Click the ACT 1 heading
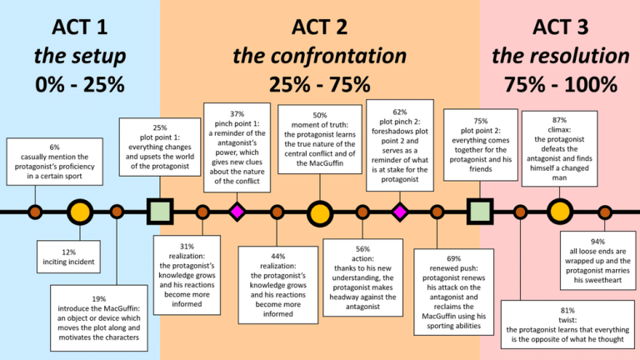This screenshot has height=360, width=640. click(x=79, y=27)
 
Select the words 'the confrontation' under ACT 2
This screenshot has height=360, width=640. click(x=319, y=56)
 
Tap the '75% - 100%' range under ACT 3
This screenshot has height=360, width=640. click(x=560, y=83)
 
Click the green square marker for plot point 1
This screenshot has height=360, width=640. click(x=159, y=212)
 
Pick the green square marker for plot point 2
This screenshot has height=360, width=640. click(x=479, y=212)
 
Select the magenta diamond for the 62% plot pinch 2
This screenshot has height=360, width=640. click(x=399, y=212)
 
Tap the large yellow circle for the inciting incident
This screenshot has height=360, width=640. click(x=80, y=212)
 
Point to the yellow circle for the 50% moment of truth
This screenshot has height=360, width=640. click(x=319, y=212)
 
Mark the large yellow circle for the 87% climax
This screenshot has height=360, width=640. click(x=560, y=212)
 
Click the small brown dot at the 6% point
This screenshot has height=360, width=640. click(x=35, y=212)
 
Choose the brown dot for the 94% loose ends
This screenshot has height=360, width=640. click(x=605, y=212)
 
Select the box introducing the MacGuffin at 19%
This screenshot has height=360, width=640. click(x=98, y=318)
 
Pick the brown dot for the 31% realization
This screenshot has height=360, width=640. click(x=202, y=212)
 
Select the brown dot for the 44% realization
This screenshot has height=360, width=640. click(x=277, y=212)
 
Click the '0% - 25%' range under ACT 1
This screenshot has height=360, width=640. click(x=79, y=83)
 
